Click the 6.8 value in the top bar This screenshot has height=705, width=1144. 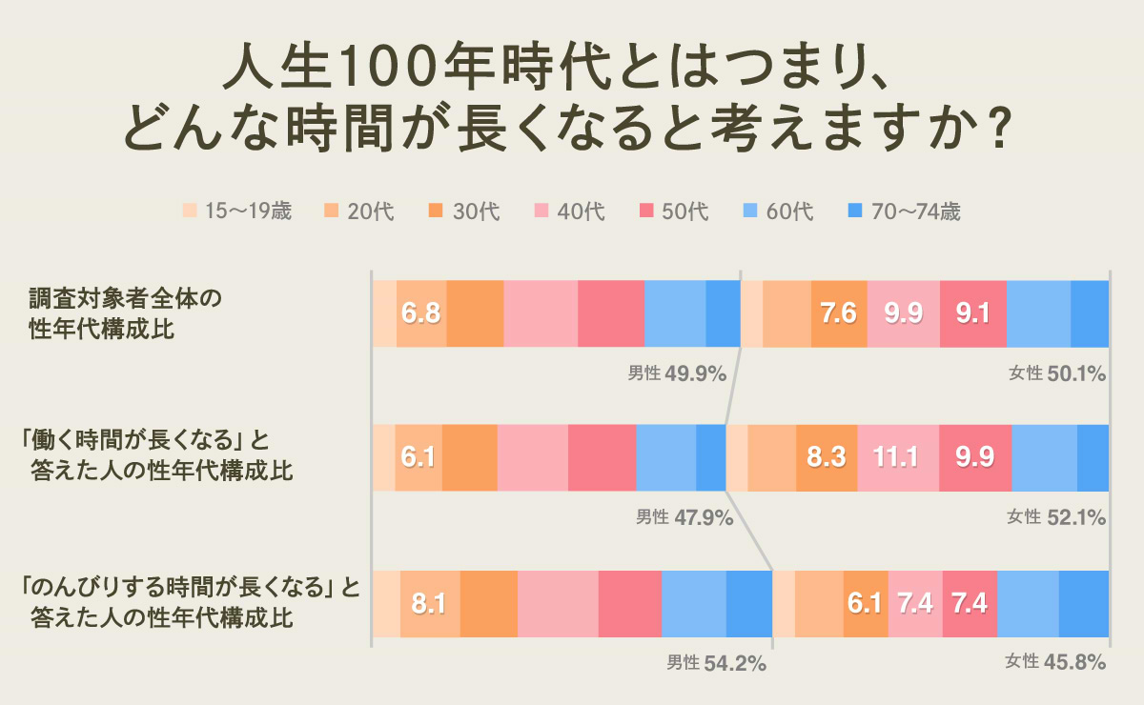point(420,313)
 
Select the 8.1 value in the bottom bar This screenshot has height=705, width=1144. point(430,604)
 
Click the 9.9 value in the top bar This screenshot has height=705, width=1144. point(903,313)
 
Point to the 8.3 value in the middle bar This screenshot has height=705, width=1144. point(827,457)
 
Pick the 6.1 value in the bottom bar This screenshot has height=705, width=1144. point(866,604)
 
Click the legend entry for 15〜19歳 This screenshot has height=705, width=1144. point(236,211)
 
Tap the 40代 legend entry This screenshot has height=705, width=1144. point(570,211)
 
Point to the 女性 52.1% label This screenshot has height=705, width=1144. point(1055,517)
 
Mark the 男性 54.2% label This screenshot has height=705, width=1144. point(716,663)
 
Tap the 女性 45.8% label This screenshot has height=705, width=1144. point(1055,663)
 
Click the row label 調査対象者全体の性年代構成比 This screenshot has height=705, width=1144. point(124,314)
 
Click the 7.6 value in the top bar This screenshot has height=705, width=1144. point(839,313)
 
